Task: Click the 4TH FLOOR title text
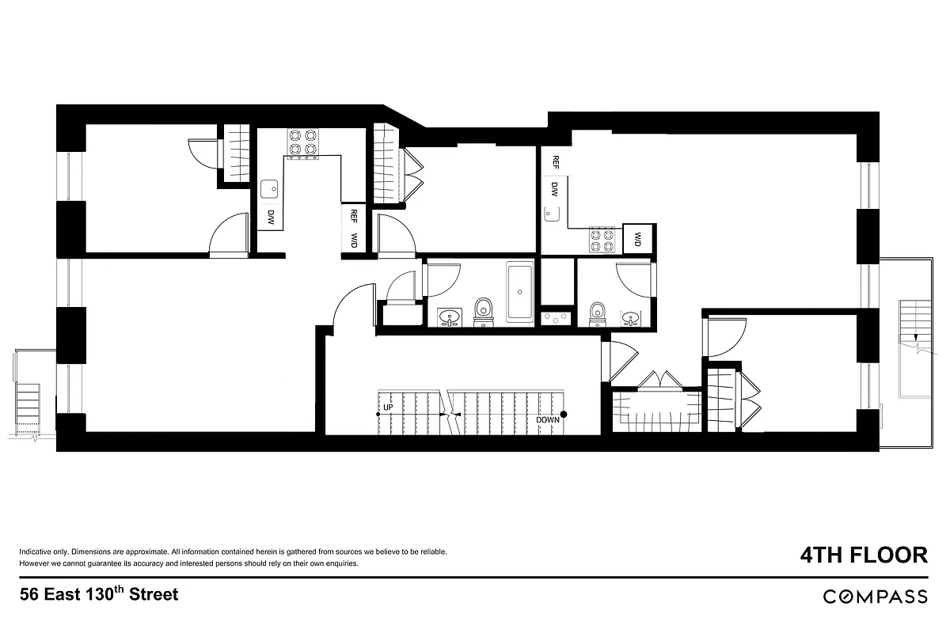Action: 862,555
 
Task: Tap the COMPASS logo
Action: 875,597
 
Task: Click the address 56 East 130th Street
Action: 99,594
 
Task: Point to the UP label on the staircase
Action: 388,408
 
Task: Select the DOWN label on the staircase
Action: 547,419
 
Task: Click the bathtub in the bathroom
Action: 519,293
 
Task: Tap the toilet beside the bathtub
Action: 483,310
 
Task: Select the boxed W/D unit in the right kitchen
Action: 636,238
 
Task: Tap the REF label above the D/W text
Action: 555,162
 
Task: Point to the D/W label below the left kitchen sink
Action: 270,218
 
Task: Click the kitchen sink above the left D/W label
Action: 270,188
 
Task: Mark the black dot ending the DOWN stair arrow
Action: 564,414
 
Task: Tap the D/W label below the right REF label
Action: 555,190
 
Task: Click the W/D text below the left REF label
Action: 353,241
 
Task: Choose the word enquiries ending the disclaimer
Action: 342,564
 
